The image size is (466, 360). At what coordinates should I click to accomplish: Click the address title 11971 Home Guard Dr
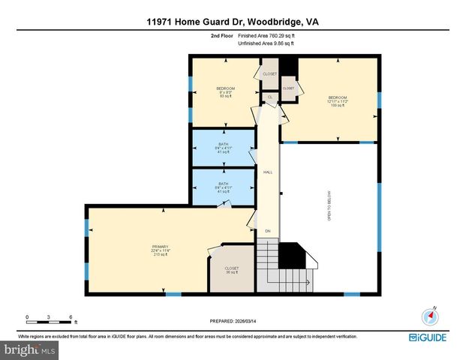[x=233, y=22]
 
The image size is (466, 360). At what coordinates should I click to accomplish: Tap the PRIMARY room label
[x=160, y=249]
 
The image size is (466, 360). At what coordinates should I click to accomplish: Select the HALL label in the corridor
[x=268, y=172]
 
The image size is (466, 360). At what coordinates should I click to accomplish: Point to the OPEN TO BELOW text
[x=328, y=206]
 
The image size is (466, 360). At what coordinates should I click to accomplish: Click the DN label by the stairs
[x=267, y=231]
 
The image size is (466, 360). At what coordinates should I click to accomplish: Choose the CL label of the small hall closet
[x=270, y=97]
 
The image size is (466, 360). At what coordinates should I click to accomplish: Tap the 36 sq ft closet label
[x=232, y=270]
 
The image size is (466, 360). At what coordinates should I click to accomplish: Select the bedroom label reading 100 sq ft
[x=336, y=101]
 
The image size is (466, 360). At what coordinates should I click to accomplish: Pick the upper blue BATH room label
[x=224, y=148]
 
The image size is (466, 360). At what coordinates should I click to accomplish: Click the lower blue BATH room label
[x=224, y=187]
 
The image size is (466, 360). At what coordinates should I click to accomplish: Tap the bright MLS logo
[x=30, y=349]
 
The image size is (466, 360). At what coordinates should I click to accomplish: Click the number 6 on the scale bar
[x=70, y=316]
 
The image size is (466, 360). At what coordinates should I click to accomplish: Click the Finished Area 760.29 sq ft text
[x=266, y=35]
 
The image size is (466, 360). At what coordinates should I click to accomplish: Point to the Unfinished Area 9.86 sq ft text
[x=266, y=43]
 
